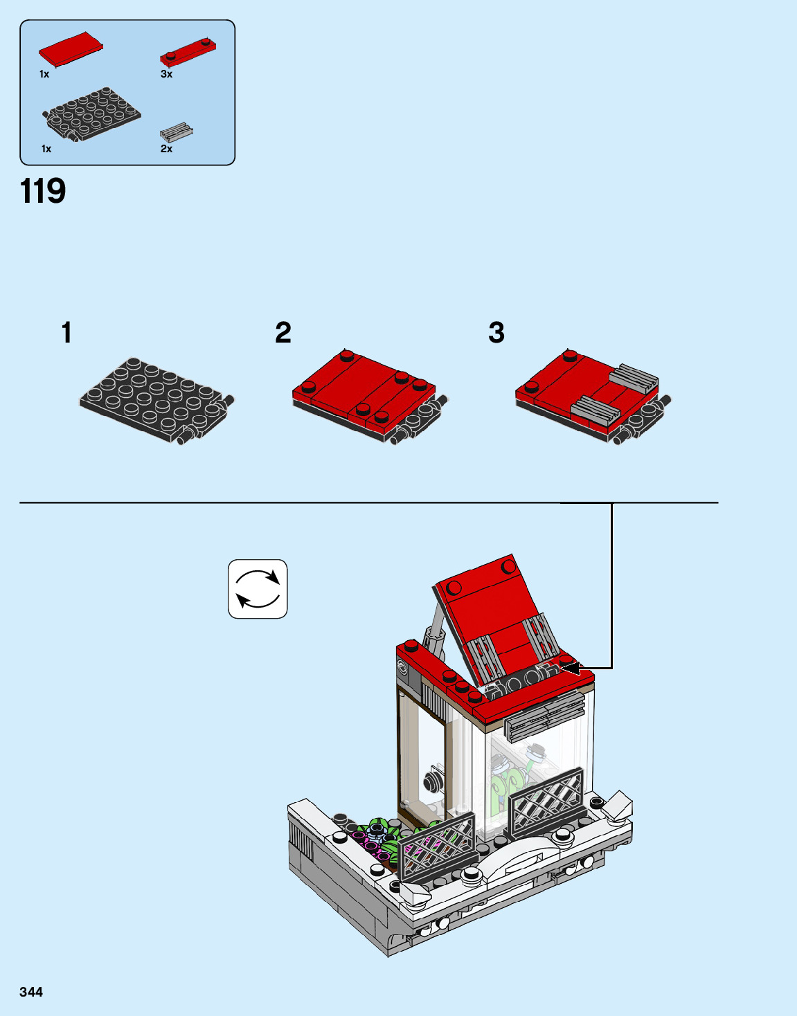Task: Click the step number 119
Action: pos(42,191)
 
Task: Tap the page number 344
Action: pos(31,992)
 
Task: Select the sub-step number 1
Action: pos(67,332)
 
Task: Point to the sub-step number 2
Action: pos(283,332)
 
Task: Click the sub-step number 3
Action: pos(496,332)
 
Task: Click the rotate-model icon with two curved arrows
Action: pos(258,589)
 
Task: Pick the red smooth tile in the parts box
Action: pos(71,48)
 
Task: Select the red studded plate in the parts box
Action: pos(188,51)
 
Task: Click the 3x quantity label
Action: pos(166,74)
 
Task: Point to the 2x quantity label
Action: pos(166,149)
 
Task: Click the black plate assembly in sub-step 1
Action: pos(156,401)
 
